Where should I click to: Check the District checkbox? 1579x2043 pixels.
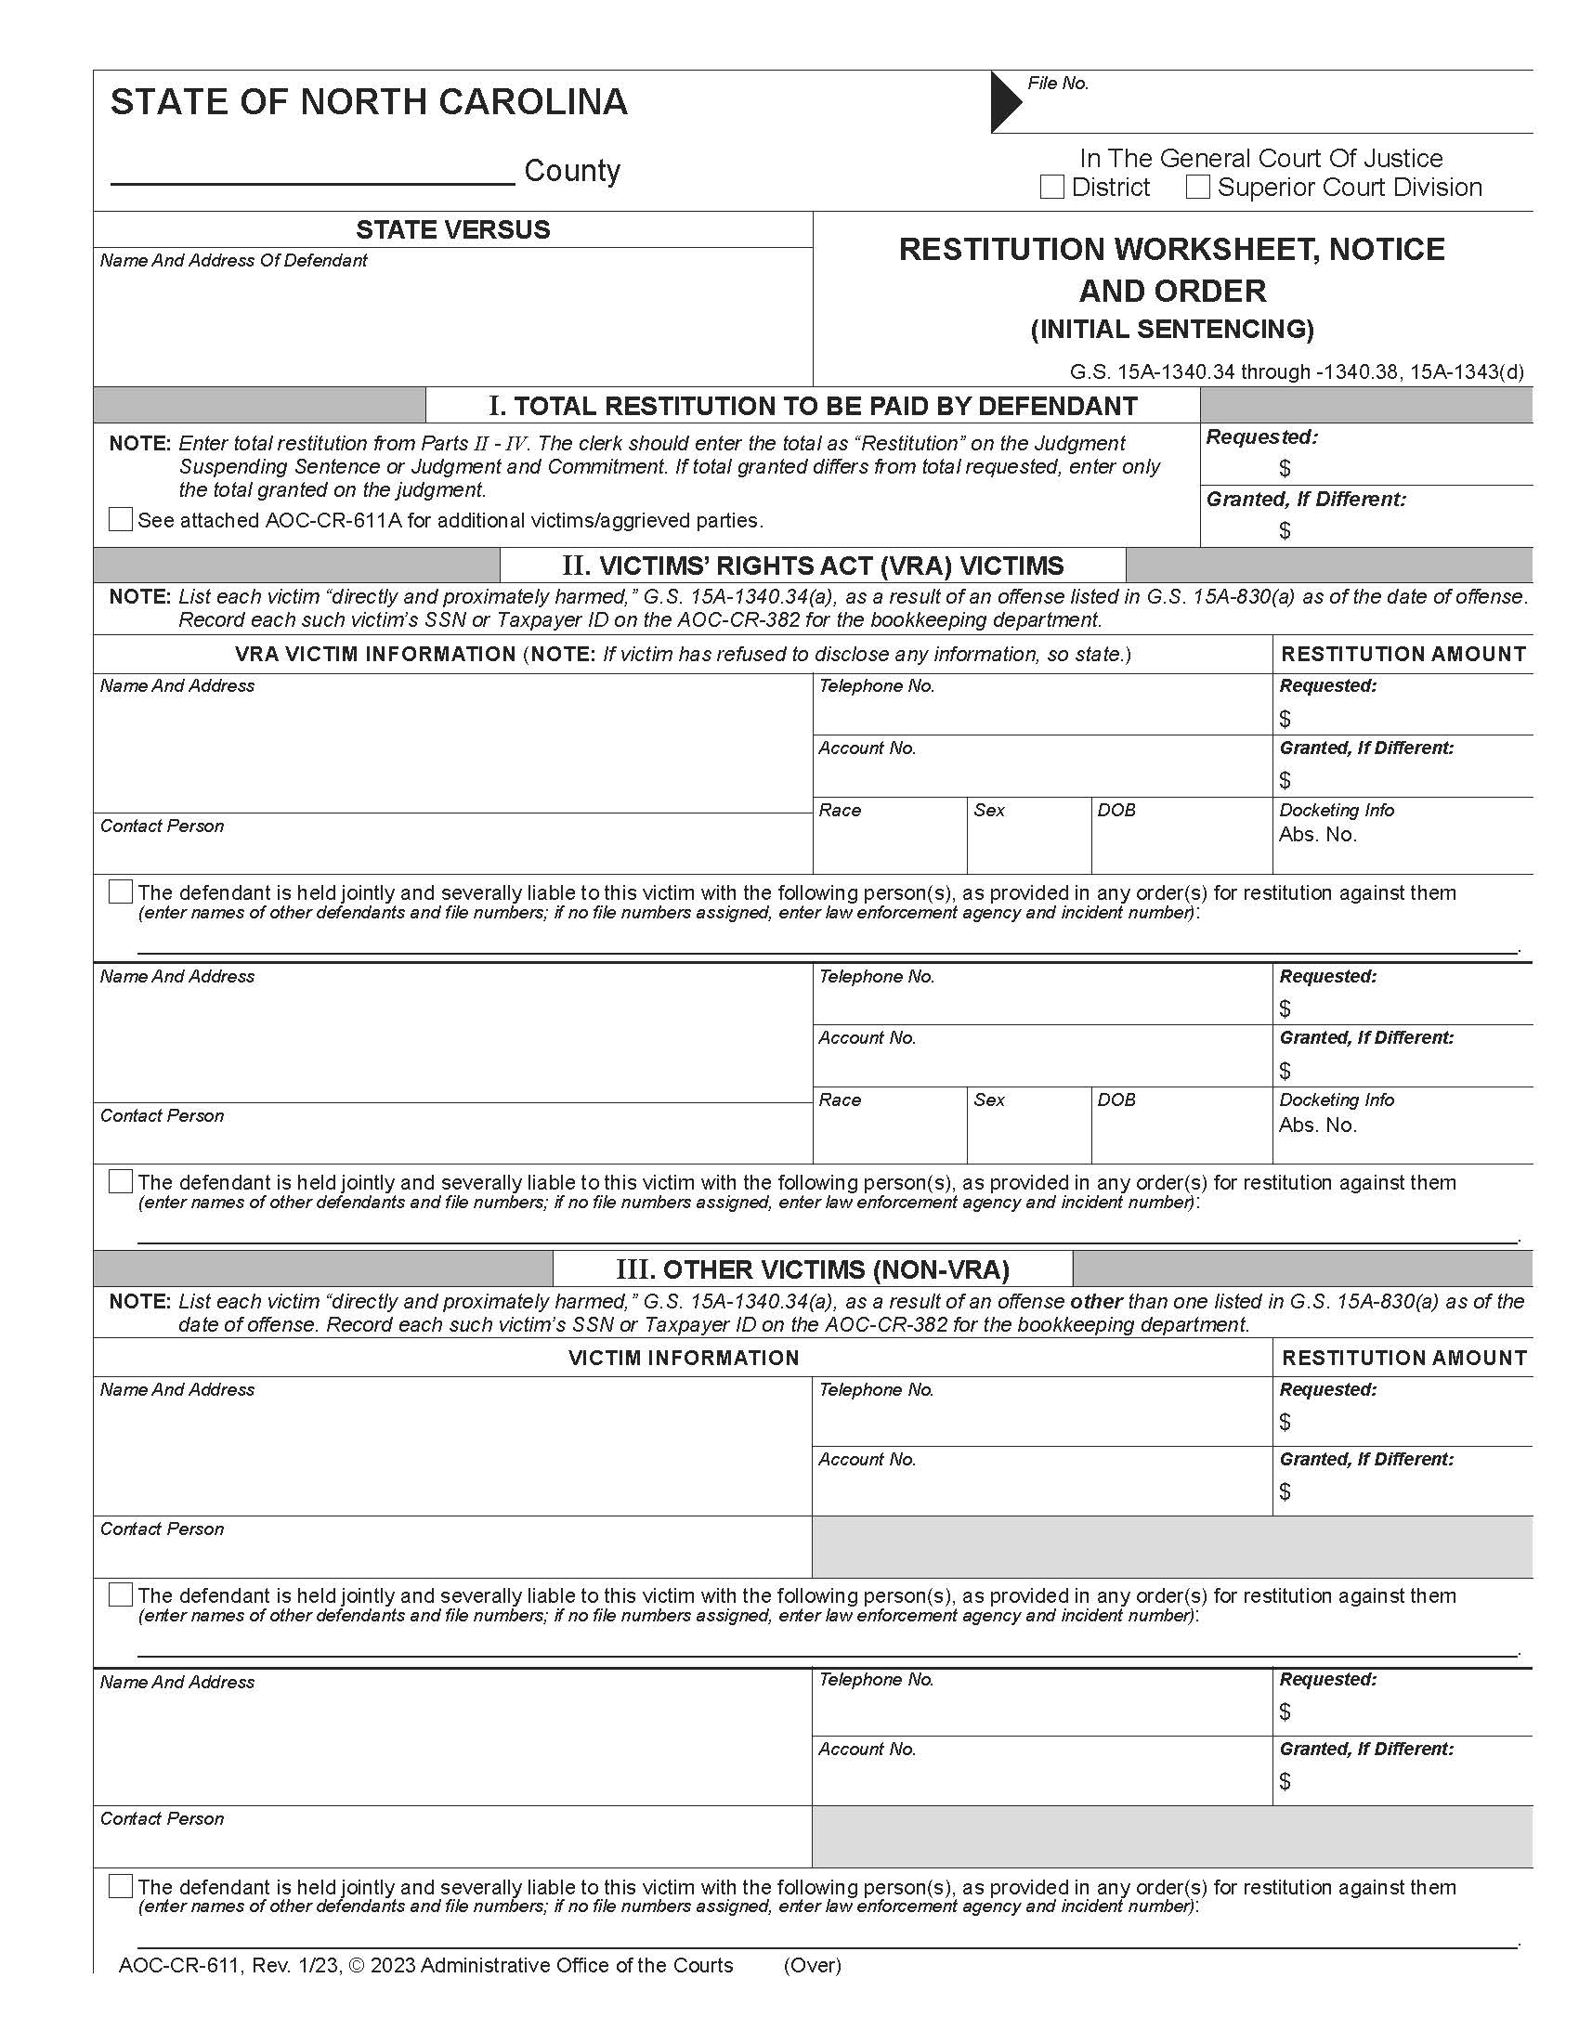click(1051, 187)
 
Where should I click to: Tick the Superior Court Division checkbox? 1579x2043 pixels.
click(1197, 187)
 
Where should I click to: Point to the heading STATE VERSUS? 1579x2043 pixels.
click(452, 229)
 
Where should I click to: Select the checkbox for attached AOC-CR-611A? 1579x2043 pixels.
click(121, 519)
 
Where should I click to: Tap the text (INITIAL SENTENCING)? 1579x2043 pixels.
click(1172, 330)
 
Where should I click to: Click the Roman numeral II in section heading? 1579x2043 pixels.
click(575, 566)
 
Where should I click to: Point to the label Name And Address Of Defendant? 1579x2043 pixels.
click(233, 261)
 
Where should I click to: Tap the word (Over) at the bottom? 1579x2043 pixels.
click(812, 1965)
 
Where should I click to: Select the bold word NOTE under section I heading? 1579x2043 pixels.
click(139, 443)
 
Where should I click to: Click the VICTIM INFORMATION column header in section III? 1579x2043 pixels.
click(683, 1358)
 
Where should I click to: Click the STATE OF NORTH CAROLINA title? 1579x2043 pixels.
click(369, 102)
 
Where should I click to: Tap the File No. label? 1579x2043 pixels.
click(1058, 84)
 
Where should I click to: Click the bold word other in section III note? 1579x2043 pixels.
click(1095, 1301)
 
